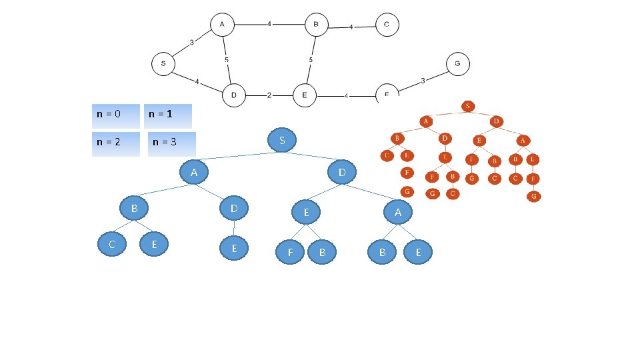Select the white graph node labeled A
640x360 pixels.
tap(222, 25)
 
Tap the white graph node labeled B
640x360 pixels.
tap(317, 25)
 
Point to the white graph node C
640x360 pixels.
tap(387, 25)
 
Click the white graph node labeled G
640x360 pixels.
tap(457, 64)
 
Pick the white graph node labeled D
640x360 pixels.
tap(234, 95)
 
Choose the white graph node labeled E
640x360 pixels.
tap(305, 95)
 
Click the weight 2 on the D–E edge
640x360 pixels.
tap(269, 95)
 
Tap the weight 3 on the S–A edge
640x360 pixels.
tap(192, 43)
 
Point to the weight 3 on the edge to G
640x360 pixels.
tap(423, 81)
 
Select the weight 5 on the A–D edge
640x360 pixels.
tap(227, 60)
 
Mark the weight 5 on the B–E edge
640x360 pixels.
tap(311, 60)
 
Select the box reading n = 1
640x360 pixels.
tap(169, 115)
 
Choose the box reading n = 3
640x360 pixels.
tap(172, 143)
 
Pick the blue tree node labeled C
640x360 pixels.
tap(113, 244)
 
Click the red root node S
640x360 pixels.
tap(468, 106)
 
